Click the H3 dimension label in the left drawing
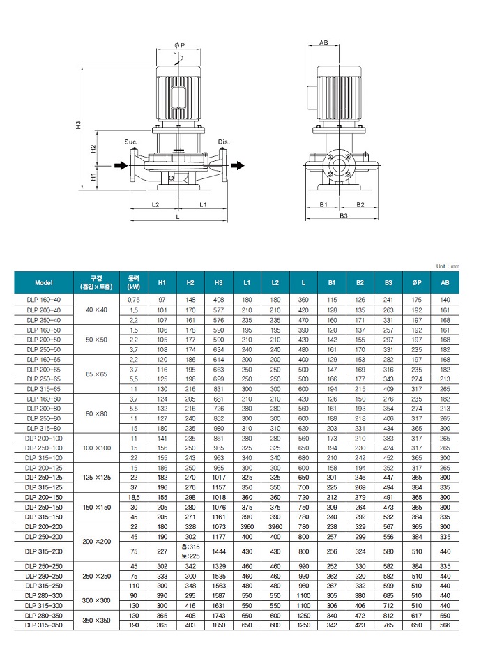[x=79, y=125]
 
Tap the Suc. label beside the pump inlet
[x=131, y=142]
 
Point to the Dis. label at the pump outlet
[x=224, y=142]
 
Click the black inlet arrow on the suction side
[x=119, y=165]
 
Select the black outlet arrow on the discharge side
[x=238, y=165]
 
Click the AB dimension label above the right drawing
[x=323, y=43]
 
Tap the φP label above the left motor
[x=179, y=45]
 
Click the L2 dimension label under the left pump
[x=155, y=205]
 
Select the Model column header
[x=44, y=282]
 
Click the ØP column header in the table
[x=416, y=282]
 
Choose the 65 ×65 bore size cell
[x=96, y=374]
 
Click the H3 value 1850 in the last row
[x=218, y=626]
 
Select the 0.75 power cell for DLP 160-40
[x=133, y=299]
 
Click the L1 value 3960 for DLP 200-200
[x=247, y=527]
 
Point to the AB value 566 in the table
[x=445, y=626]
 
